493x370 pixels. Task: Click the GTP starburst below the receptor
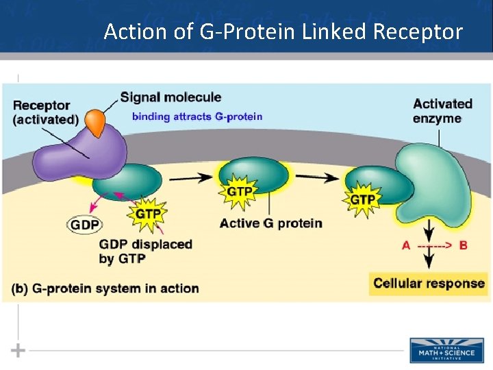148,214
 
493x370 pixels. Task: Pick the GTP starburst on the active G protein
239,191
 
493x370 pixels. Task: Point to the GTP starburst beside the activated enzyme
362,199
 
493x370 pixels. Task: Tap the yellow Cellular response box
429,283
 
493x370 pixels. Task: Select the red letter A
406,245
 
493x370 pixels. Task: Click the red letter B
464,245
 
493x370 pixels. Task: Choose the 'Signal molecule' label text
170,97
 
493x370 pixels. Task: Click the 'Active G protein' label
271,223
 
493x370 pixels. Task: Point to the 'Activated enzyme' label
442,111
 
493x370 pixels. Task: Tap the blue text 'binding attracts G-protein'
197,116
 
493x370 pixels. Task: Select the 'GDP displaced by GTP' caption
145,251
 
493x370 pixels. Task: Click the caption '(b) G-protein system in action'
105,288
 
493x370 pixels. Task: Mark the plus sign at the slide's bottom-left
18,350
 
